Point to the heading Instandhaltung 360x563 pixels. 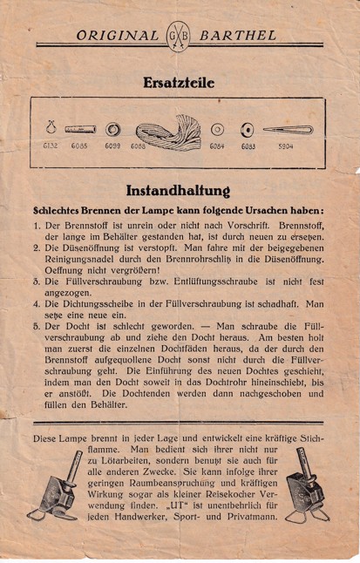(180, 190)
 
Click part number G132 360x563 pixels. (51, 146)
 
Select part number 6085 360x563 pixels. (80, 146)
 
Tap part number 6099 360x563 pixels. (112, 146)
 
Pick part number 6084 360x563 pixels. (217, 146)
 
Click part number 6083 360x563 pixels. (248, 146)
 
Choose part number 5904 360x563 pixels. (286, 146)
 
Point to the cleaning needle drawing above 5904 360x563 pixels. (287, 131)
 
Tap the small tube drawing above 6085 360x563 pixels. (80, 130)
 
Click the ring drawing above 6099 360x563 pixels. (112, 130)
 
